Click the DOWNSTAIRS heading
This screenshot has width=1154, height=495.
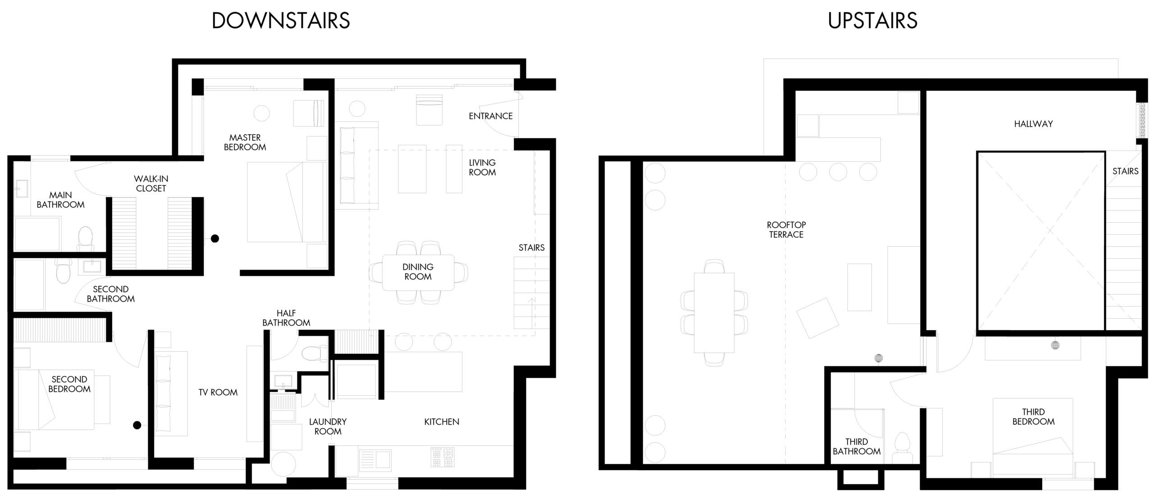pos(281,21)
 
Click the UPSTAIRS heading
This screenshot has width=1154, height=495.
pos(872,21)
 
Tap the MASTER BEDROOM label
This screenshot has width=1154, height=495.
pos(245,142)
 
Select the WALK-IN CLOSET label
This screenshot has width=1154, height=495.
pos(151,183)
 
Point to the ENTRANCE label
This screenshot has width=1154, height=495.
pos(490,116)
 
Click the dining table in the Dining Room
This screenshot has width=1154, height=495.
pos(418,272)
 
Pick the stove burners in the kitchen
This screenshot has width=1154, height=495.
pos(442,457)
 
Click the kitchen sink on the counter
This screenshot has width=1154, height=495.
pos(375,459)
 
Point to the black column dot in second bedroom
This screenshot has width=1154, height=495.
pos(137,425)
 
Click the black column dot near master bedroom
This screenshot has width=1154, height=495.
pos(215,238)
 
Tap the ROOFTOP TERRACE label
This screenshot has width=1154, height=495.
pos(786,229)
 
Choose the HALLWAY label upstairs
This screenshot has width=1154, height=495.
pos(1033,124)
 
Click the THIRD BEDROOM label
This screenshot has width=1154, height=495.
pos(1033,417)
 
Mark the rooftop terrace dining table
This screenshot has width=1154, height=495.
pos(714,312)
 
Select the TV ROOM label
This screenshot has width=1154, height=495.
pos(218,393)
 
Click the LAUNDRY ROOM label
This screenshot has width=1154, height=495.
pos(328,426)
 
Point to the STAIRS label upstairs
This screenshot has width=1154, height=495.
pos(1125,171)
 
